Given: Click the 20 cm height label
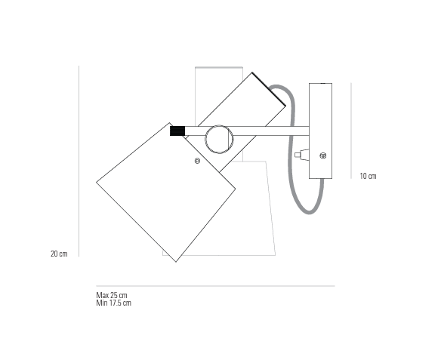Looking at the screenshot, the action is point(59,254).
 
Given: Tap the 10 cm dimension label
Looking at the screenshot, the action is point(368,176).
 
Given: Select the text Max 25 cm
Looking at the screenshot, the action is point(112,295).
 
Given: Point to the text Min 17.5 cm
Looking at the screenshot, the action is point(113,303).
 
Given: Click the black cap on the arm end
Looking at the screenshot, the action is point(177,131).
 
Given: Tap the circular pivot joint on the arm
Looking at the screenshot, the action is point(219,139).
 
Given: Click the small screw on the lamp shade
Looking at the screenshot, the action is point(197,161).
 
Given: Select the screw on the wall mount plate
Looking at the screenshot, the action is point(323,155).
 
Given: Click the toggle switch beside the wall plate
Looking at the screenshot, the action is point(301,155).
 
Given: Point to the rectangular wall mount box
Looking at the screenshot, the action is point(321,131).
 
